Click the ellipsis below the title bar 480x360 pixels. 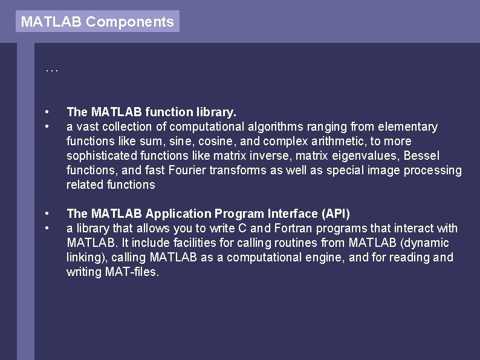point(52,70)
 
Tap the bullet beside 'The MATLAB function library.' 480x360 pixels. point(47,113)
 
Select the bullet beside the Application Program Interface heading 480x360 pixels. point(47,214)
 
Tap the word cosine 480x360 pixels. point(193,141)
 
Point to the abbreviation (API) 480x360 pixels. point(336,214)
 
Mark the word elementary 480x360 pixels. point(407,126)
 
